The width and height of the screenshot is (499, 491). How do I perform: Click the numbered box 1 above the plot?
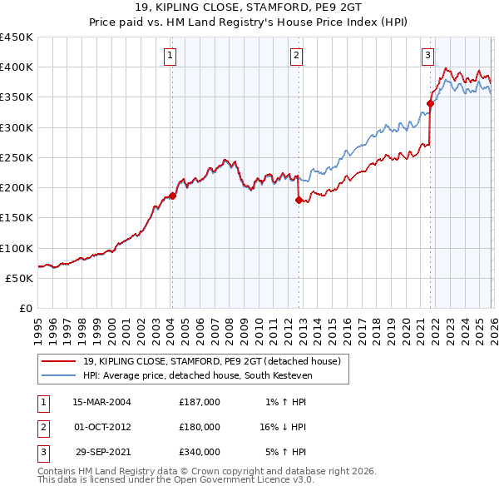click(x=170, y=56)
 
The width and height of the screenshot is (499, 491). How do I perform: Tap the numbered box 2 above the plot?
click(x=297, y=56)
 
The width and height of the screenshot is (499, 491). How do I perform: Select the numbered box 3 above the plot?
click(x=427, y=56)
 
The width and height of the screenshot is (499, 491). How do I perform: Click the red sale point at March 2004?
click(x=172, y=196)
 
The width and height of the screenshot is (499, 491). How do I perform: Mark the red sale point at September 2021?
click(x=430, y=103)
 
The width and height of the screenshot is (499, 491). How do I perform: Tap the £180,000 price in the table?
click(x=200, y=427)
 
